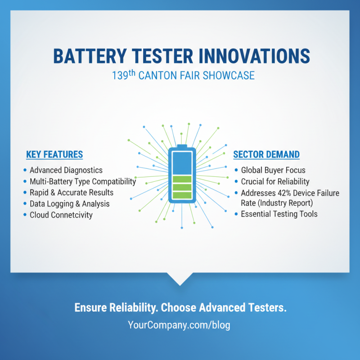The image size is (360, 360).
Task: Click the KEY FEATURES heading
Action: point(54,154)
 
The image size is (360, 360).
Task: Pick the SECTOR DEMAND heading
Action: point(266,154)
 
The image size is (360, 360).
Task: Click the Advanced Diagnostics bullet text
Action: point(66,170)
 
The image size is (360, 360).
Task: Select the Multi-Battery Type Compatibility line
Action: point(83,181)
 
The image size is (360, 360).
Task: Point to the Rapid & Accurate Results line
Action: point(72,193)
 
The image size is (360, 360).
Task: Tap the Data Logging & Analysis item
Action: point(69,204)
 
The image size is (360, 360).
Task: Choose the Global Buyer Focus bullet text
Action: point(273,170)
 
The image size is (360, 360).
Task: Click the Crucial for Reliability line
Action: point(275,181)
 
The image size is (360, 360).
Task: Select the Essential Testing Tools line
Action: point(279,214)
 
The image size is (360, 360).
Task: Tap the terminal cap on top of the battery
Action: point(182,146)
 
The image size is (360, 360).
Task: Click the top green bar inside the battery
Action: point(182,179)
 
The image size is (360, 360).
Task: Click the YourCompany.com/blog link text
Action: point(179,325)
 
